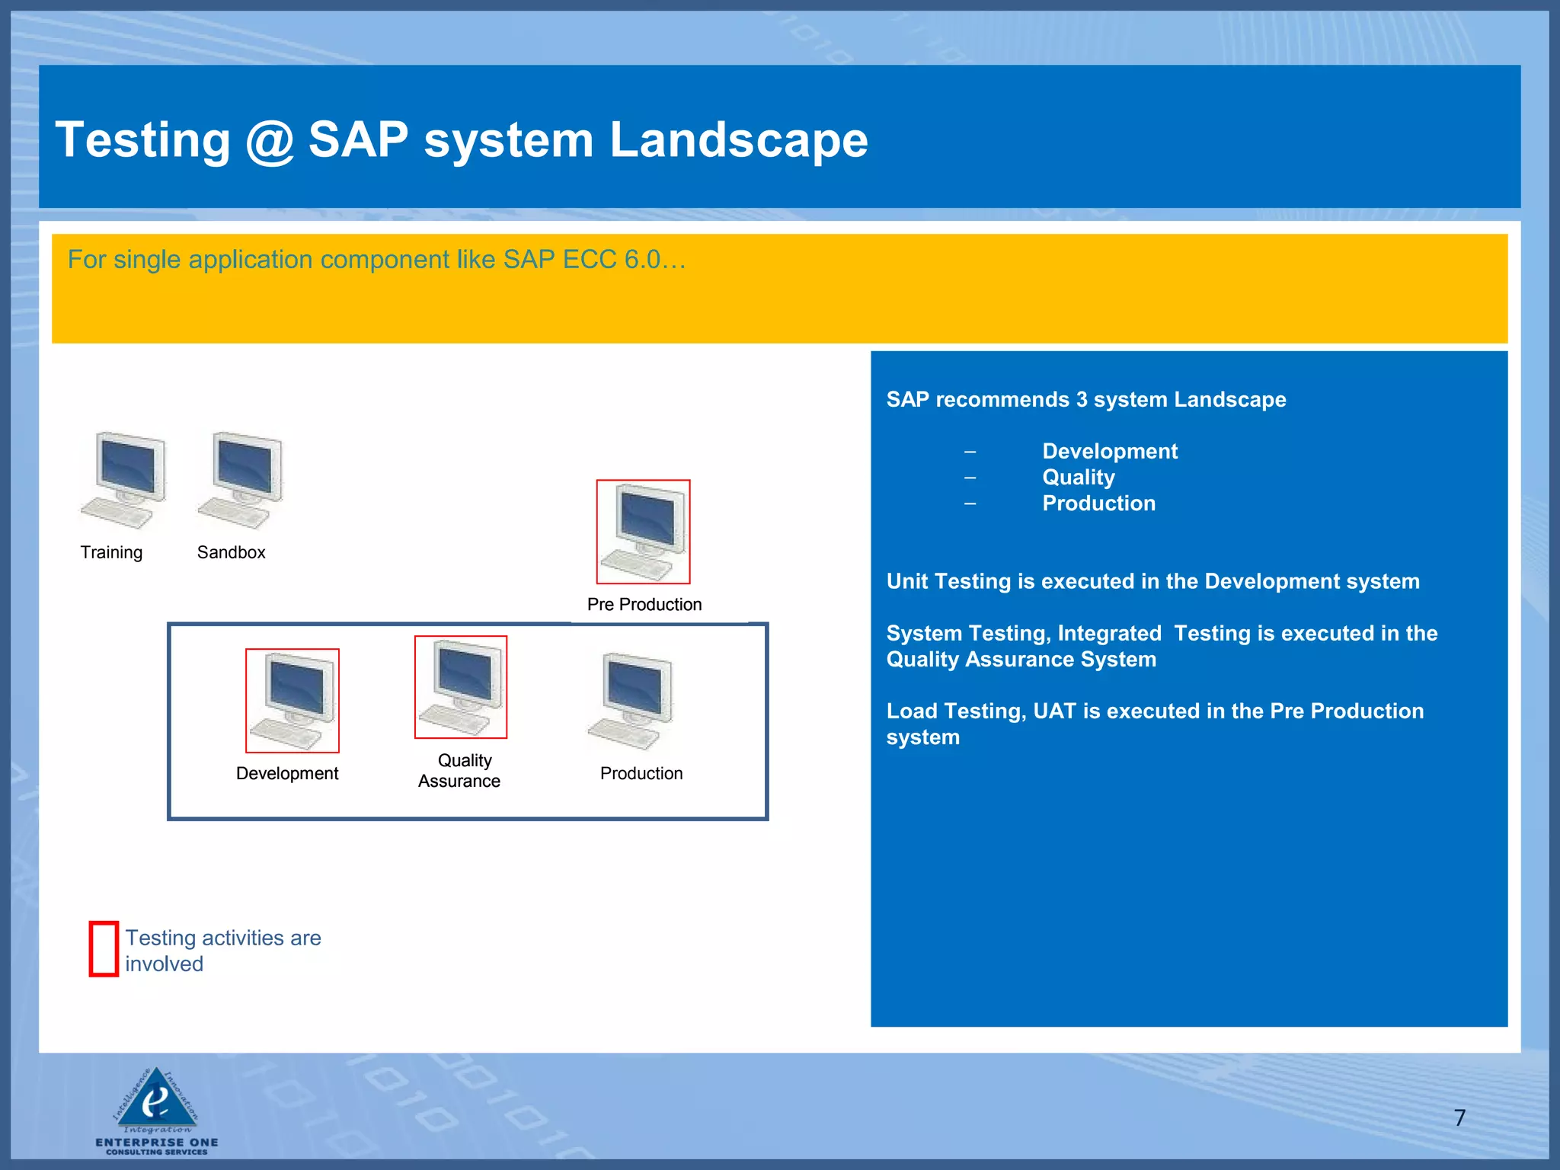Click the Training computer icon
coord(123,480)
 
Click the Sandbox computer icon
coord(240,480)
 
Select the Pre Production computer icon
coord(643,532)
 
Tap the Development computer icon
coord(292,701)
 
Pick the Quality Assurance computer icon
coord(461,687)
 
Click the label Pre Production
coord(644,604)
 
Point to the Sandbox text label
coord(231,552)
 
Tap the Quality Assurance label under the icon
coord(460,771)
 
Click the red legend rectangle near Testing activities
coord(104,948)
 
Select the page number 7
coord(1459,1117)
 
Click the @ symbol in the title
coord(270,140)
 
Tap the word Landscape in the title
coord(738,140)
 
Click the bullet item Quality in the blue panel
coord(1078,478)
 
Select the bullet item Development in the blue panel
coord(1109,451)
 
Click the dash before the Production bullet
coord(970,503)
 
